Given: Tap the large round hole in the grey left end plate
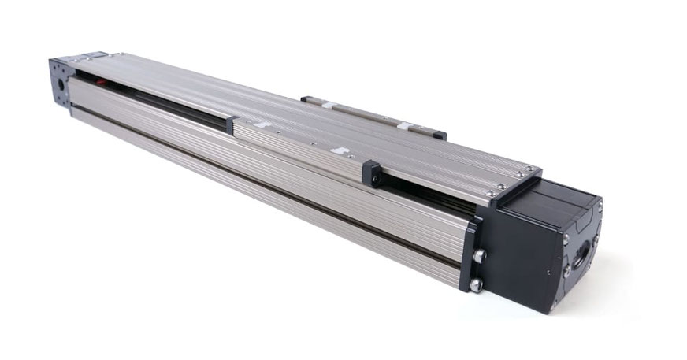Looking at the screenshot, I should click(x=59, y=81).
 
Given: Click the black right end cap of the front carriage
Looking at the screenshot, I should click(x=371, y=174).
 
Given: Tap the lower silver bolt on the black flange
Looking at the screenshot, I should click(x=475, y=284).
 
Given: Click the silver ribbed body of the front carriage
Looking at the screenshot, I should click(x=299, y=146).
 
